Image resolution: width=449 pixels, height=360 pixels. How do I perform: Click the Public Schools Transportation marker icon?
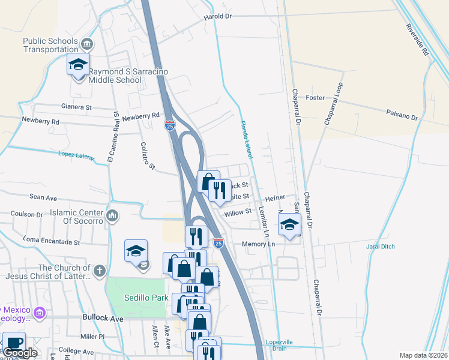tap(87, 44)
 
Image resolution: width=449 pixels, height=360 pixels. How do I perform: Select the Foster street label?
tap(315, 97)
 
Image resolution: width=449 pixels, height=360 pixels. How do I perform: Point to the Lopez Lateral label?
tap(76, 156)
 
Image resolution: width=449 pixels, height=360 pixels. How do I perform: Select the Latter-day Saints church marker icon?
tap(99, 270)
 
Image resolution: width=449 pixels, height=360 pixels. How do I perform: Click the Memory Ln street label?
tap(258, 244)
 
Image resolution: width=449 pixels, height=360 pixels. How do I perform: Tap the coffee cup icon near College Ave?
tap(14, 343)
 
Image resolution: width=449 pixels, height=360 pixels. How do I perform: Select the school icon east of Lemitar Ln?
tap(289, 226)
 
